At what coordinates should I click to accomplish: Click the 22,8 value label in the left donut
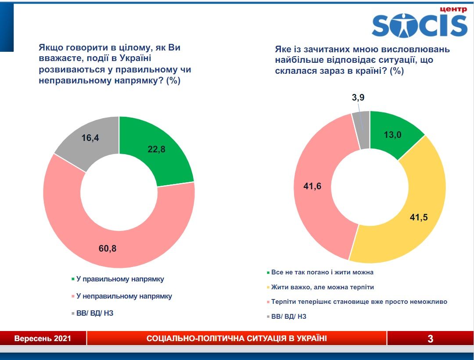(x=157, y=149)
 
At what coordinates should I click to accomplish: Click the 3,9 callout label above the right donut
(x=358, y=97)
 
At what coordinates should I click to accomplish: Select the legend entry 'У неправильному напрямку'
(x=124, y=296)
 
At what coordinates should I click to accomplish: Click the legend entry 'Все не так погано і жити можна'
(x=323, y=272)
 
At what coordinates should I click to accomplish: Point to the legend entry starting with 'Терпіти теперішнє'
(x=359, y=302)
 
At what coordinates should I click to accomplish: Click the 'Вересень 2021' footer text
(x=43, y=338)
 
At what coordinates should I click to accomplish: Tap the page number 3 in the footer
(x=430, y=338)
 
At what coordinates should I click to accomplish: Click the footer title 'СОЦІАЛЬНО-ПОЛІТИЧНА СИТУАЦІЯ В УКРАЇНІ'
(x=237, y=338)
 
